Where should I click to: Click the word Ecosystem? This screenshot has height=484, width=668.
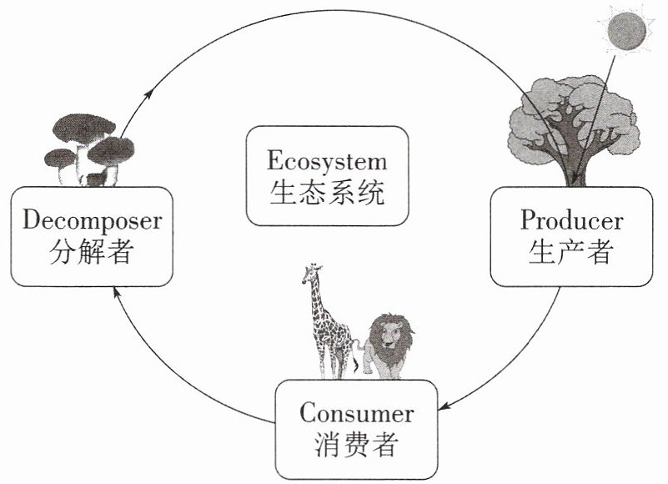tap(327, 161)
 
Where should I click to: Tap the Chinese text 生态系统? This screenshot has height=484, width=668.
tap(327, 192)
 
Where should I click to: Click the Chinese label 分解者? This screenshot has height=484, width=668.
tap(92, 251)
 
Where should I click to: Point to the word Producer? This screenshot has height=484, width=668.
tap(572, 219)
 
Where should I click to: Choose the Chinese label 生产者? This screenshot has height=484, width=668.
tap(571, 251)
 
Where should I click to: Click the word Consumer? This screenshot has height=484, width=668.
tap(357, 413)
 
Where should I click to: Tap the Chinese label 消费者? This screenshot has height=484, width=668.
tap(357, 444)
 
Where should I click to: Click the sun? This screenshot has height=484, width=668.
tap(625, 31)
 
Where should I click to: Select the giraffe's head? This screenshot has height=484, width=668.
tap(311, 274)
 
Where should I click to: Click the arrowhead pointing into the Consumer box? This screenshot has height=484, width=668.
tap(442, 407)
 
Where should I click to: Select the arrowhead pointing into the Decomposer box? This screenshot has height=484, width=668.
tap(116, 292)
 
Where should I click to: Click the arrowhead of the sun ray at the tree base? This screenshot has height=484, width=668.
tap(575, 181)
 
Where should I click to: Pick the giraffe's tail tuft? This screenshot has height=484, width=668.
tap(356, 366)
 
